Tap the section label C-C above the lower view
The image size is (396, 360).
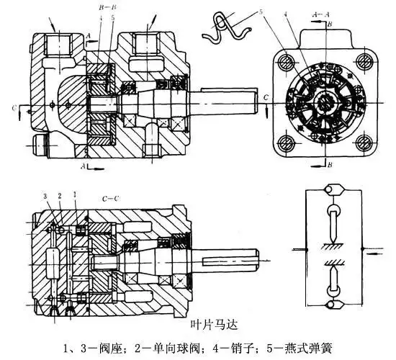pyautogui.click(x=110, y=196)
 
